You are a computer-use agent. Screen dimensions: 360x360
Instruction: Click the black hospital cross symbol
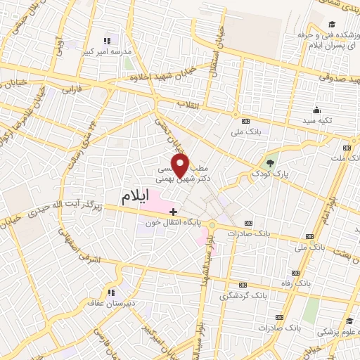click(174, 211)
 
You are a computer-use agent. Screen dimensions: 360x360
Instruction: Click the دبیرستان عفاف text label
click(108, 304)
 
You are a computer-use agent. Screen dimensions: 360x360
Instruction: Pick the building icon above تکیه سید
click(316, 110)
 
